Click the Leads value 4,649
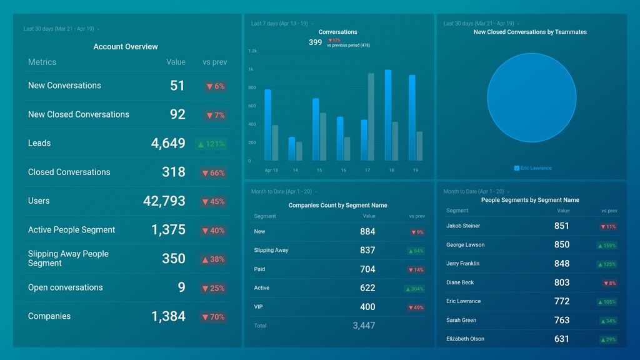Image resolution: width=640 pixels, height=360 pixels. pos(167,143)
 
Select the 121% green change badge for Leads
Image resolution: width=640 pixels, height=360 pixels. pos(211,144)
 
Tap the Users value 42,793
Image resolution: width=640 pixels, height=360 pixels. pos(164,201)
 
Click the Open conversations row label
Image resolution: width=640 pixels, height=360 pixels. pos(65,287)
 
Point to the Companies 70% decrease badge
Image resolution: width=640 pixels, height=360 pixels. pos(213,317)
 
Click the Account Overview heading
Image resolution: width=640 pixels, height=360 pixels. pos(126,47)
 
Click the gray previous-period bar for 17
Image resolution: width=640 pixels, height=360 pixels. pos(371,117)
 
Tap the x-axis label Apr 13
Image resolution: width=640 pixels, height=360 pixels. pos(271,170)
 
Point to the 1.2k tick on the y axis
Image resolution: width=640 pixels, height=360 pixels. pos(252,51)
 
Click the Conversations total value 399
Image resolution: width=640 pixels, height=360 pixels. pos(315,42)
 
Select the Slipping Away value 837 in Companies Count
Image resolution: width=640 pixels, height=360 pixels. pos(367,250)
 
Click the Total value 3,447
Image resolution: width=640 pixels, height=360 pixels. pos(364,326)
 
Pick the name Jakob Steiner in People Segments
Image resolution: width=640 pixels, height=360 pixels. pos(463,226)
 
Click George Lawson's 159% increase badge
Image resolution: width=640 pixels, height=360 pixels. pos(607,246)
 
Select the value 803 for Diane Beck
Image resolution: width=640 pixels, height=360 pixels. pos(561,282)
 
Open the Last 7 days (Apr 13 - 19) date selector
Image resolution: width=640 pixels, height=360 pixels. pos(280,24)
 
